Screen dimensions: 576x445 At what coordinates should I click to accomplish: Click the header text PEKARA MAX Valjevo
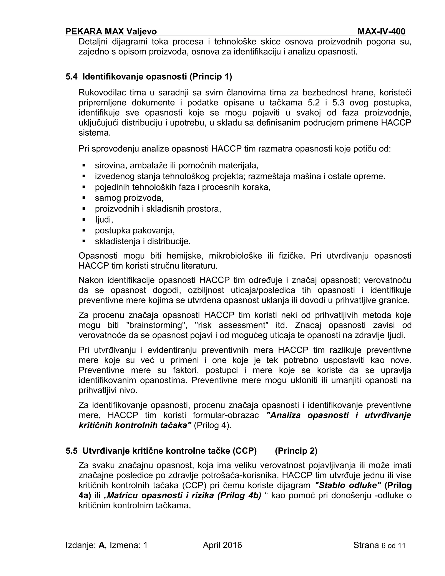point(111,32)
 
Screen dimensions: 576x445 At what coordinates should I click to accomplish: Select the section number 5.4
point(71,77)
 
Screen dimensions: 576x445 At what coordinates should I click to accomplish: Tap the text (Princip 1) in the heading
point(210,77)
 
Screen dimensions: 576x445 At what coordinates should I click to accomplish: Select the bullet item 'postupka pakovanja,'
point(135,230)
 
